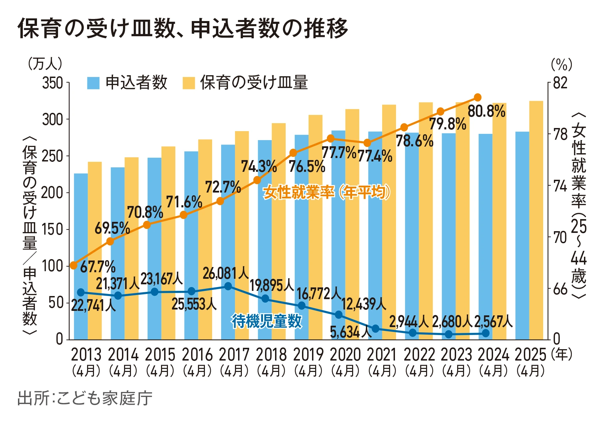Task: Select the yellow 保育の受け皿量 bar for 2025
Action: tap(536, 221)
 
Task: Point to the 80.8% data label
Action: tap(486, 111)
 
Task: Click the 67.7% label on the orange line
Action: tap(98, 267)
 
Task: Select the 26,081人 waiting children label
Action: tap(226, 273)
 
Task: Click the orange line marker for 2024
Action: tap(478, 97)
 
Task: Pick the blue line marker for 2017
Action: tap(228, 286)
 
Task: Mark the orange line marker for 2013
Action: tap(74, 265)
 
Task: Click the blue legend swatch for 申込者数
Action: tap(93, 83)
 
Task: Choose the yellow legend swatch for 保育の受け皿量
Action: tap(189, 83)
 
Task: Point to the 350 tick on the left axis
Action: tap(53, 83)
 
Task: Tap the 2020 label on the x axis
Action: tap(345, 355)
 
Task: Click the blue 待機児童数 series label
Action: tap(267, 321)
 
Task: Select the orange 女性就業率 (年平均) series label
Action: tap(327, 192)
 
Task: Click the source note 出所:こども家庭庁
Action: tap(85, 398)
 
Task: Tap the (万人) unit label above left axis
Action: tap(45, 64)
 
